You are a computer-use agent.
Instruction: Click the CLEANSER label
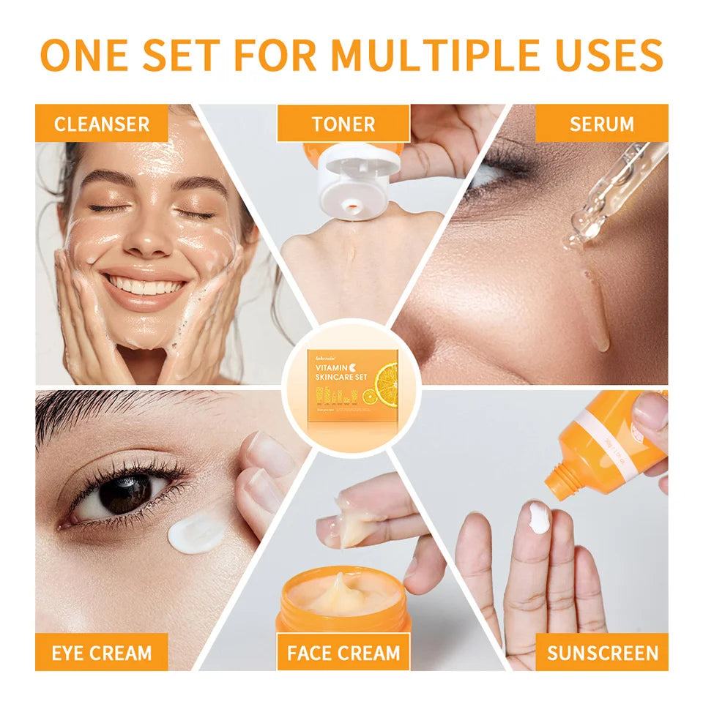click(x=102, y=123)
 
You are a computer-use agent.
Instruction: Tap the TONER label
click(x=343, y=124)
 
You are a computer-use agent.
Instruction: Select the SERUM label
click(x=601, y=123)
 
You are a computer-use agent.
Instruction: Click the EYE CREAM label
click(x=102, y=652)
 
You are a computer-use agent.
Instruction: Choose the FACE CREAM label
click(x=343, y=652)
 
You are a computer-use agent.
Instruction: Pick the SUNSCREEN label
click(x=601, y=652)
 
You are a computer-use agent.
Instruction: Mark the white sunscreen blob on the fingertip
click(x=538, y=517)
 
